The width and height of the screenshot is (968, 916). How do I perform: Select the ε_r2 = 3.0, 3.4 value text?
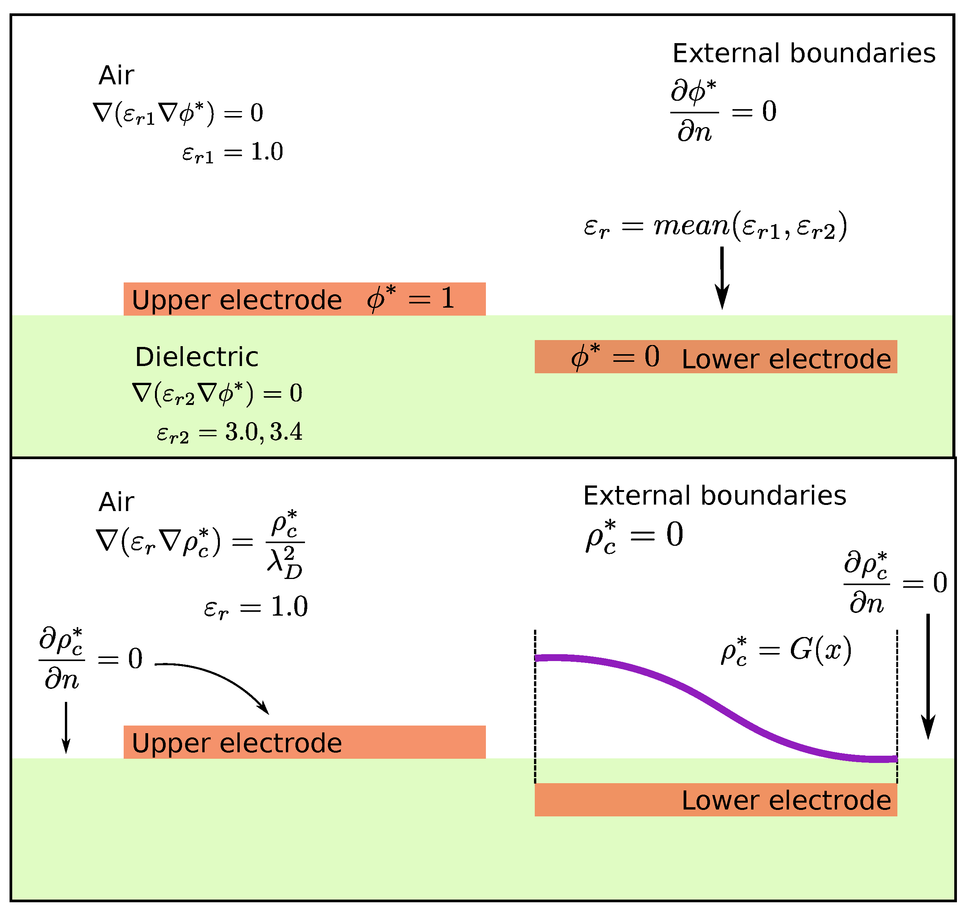(x=229, y=432)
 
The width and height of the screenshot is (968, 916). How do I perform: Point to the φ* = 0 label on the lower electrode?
(x=615, y=356)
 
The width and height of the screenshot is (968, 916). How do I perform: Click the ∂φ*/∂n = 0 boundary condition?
(x=723, y=111)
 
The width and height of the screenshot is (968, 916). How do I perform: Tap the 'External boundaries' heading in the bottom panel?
(x=715, y=496)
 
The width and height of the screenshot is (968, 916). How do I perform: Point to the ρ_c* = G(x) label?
(x=786, y=651)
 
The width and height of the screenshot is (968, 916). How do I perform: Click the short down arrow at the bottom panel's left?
(x=66, y=727)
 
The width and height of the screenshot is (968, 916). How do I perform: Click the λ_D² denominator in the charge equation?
(x=285, y=565)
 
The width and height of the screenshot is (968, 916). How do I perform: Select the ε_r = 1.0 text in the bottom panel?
(x=256, y=607)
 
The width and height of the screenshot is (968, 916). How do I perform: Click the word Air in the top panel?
(x=116, y=76)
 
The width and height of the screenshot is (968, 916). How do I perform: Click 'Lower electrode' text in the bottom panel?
(x=786, y=800)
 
